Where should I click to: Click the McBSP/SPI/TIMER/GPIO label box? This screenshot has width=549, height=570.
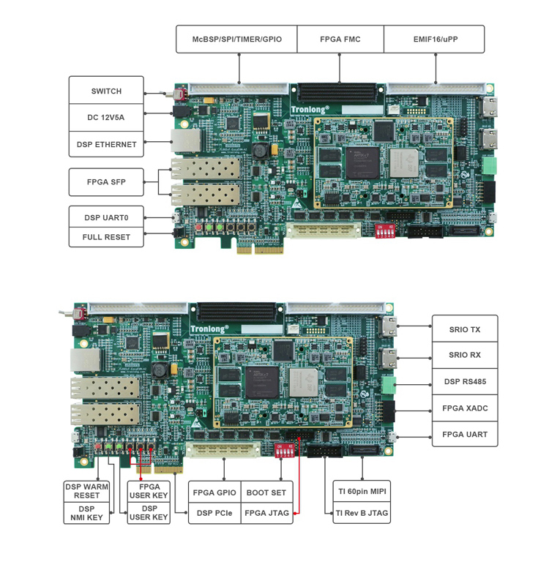[236, 39]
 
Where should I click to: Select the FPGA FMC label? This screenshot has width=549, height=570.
[340, 39]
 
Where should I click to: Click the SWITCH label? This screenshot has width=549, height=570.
[106, 91]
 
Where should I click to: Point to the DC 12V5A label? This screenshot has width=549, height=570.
[106, 117]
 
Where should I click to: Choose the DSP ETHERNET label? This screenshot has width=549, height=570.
[106, 144]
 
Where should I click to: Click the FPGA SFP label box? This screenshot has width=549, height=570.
[106, 182]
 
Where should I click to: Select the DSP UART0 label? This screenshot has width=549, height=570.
[106, 217]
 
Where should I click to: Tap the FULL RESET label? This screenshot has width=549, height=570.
[106, 237]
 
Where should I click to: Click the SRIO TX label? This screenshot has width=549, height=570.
[465, 329]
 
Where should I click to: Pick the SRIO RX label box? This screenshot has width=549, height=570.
[465, 355]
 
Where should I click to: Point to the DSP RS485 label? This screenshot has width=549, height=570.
[465, 381]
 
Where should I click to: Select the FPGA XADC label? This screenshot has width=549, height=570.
[465, 408]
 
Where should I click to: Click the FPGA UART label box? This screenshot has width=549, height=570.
[465, 434]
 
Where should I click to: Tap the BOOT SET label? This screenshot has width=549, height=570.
[266, 492]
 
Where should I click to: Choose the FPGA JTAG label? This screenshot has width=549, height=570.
[266, 513]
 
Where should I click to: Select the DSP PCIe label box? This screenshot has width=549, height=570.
[214, 513]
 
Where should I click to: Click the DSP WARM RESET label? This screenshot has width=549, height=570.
[86, 491]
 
